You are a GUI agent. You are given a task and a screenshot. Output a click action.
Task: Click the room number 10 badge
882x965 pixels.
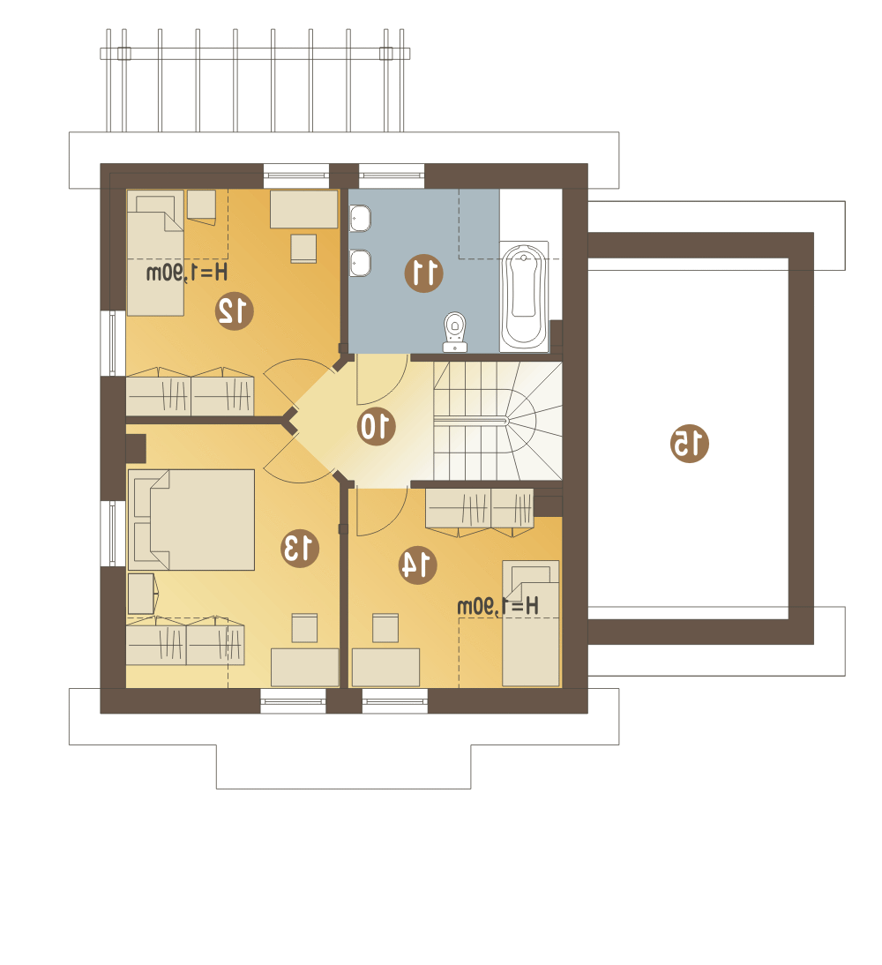tap(376, 426)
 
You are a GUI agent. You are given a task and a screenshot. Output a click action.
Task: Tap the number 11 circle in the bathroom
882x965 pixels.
tap(423, 273)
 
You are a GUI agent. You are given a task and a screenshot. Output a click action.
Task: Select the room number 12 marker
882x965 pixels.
tap(235, 310)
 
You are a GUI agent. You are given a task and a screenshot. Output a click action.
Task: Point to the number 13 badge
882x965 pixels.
tap(300, 548)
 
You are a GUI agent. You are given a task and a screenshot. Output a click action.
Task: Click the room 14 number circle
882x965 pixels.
tap(417, 565)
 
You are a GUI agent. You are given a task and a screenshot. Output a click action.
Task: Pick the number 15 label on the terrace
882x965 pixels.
tap(690, 443)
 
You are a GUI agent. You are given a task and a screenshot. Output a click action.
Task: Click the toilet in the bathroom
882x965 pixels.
tap(455, 332)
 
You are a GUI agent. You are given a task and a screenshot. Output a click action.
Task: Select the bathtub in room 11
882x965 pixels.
tap(524, 296)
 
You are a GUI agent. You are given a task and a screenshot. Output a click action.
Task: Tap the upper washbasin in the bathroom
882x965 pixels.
tap(360, 218)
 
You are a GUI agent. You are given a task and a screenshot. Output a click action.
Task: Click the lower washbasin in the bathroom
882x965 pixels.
tap(360, 264)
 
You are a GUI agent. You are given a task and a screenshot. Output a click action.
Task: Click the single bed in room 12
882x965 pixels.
tap(155, 253)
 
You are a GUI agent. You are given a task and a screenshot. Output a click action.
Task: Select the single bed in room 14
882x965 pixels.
tap(531, 623)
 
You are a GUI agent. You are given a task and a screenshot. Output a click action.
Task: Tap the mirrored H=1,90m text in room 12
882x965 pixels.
tap(187, 272)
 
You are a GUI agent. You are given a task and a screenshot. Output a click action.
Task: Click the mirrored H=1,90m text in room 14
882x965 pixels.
tap(498, 606)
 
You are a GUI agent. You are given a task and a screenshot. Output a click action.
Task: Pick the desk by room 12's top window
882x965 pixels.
tap(304, 209)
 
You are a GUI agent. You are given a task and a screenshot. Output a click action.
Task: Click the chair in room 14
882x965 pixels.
tap(385, 628)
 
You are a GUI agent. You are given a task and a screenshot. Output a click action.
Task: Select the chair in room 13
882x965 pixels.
tap(304, 628)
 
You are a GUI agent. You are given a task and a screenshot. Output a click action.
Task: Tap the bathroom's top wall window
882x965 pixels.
tap(392, 176)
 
